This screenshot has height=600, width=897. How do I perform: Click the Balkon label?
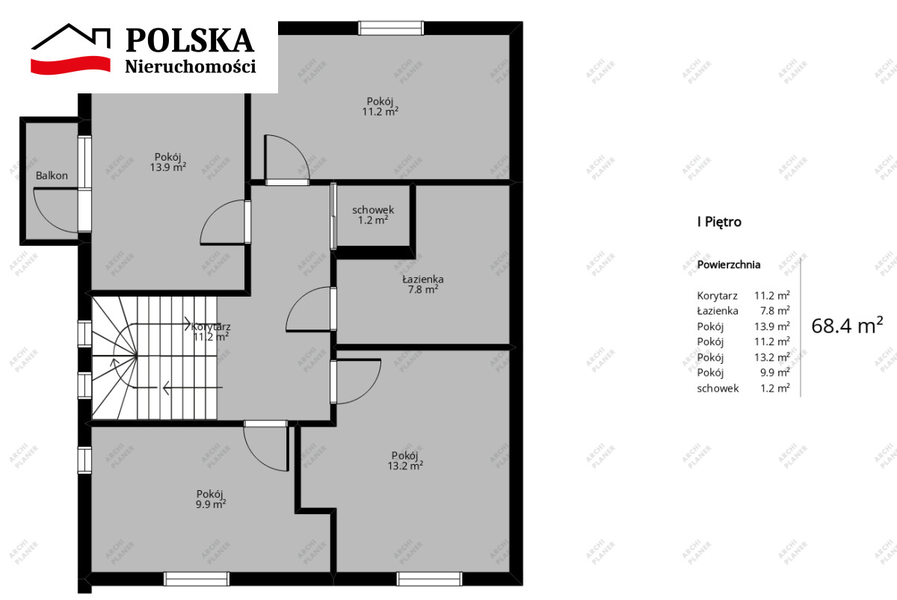click(x=52, y=176)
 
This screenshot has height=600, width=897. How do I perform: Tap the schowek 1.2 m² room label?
click(x=373, y=215)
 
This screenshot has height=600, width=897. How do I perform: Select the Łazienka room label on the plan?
click(x=423, y=284)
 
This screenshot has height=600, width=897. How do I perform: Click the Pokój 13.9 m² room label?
click(x=168, y=162)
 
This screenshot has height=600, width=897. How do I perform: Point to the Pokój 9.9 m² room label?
click(x=210, y=499)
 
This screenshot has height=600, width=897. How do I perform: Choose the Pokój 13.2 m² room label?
click(x=405, y=461)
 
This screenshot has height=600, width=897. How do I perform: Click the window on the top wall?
click(x=391, y=28)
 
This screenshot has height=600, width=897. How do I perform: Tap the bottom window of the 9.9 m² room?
click(x=197, y=579)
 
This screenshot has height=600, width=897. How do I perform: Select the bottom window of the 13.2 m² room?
click(x=429, y=579)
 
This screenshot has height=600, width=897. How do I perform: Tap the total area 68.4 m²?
click(x=847, y=326)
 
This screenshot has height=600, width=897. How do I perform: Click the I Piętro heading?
click(x=719, y=222)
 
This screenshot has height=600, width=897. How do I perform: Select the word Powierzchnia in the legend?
click(x=729, y=265)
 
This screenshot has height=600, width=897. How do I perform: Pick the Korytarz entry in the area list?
click(x=717, y=296)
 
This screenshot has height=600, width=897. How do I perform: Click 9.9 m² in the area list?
click(x=775, y=373)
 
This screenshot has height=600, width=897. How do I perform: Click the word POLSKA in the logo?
click(x=190, y=40)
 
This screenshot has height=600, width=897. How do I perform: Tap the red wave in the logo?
click(x=70, y=65)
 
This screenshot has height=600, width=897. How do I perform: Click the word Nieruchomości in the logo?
click(x=191, y=66)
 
